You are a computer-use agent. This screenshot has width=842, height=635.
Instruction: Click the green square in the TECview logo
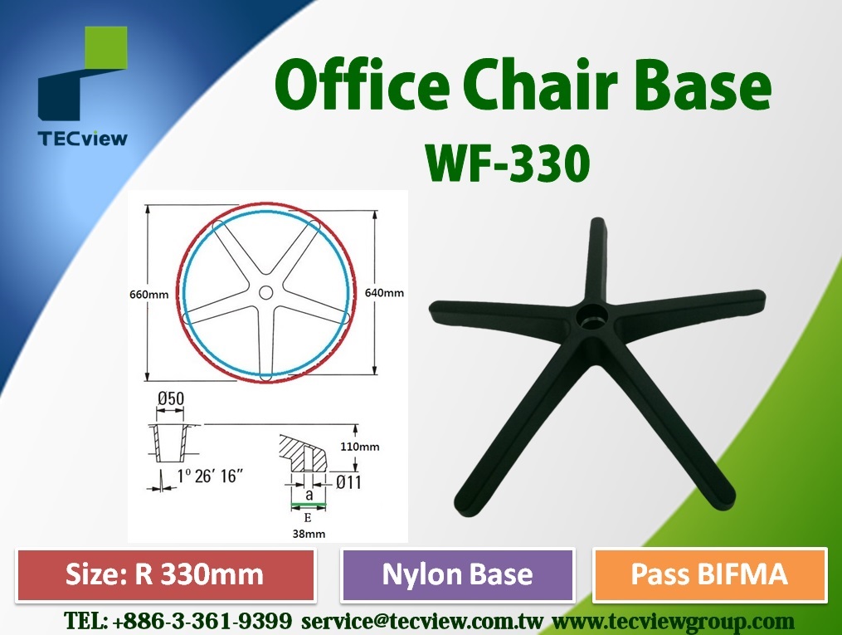(x=106, y=47)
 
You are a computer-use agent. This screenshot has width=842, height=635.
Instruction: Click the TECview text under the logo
(x=83, y=139)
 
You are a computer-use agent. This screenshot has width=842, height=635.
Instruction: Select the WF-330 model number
(x=508, y=164)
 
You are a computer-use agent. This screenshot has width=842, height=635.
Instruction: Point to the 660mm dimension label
(x=148, y=295)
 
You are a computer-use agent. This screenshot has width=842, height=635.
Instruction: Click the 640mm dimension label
(x=384, y=293)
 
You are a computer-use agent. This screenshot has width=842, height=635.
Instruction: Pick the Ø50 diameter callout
(x=171, y=398)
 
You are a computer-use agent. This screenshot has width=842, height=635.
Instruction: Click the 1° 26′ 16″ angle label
(x=210, y=476)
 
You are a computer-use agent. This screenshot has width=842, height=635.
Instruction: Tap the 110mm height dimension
(x=360, y=447)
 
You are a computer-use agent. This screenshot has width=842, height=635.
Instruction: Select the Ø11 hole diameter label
(x=348, y=482)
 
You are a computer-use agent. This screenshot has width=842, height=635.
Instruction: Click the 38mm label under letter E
(x=309, y=534)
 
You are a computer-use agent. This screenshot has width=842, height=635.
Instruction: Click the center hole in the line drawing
(x=265, y=293)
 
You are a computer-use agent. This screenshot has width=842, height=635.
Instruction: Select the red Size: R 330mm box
(x=165, y=574)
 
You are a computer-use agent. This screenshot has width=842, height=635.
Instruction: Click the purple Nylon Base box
(x=458, y=574)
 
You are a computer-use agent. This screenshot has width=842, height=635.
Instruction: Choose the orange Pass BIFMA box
(x=709, y=574)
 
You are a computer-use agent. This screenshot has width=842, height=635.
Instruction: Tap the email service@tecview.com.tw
(x=422, y=622)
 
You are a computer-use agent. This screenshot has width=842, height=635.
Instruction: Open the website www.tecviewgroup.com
(x=674, y=622)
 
